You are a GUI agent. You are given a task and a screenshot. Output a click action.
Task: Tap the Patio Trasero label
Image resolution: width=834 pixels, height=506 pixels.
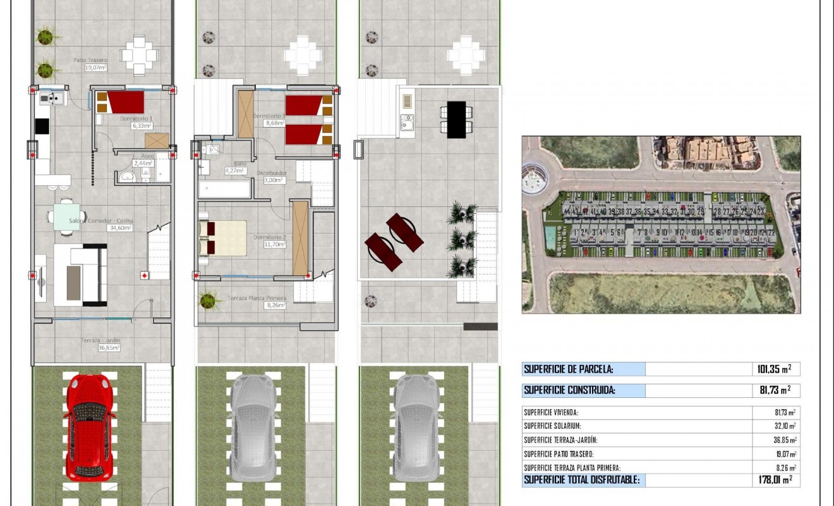tap(90, 61)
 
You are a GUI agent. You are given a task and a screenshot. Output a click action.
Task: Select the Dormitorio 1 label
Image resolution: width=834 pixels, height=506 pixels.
tap(137, 118)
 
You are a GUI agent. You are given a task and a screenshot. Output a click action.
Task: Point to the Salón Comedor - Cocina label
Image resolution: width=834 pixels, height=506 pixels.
tap(102, 221)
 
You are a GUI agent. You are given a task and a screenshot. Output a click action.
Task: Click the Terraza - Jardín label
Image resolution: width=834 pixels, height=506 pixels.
tap(100, 341)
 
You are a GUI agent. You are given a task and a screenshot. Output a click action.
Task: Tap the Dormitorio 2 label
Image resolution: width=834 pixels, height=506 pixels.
tap(270, 237)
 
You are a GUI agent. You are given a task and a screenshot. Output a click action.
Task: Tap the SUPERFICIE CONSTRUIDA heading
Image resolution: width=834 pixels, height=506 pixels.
tap(570, 390)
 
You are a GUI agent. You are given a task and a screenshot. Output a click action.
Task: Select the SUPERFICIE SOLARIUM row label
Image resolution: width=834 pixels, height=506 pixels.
tap(552, 426)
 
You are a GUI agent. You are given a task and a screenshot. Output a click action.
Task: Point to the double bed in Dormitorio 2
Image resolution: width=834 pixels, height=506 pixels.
tap(222, 238)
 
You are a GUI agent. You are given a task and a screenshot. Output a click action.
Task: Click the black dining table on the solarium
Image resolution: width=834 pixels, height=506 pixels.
tap(456, 119)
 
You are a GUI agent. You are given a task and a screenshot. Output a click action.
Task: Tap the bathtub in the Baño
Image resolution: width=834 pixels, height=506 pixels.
tap(225, 189)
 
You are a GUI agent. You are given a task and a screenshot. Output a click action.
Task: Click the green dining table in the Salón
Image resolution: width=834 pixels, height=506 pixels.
tap(67, 213)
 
